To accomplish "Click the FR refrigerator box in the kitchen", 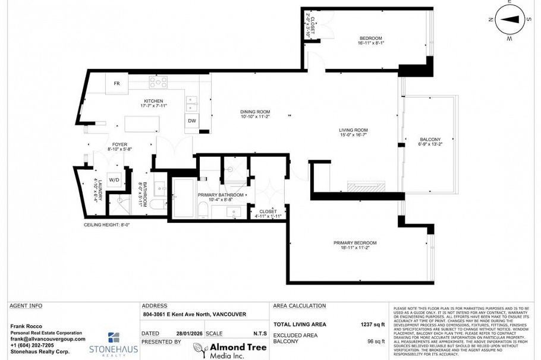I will [117, 83].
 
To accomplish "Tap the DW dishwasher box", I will [192, 121].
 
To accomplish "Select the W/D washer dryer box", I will [114, 179].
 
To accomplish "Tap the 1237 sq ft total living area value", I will [373, 324].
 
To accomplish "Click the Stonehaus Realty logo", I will [113, 343].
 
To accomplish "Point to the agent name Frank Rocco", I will [26, 326].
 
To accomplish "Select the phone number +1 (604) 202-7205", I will [32, 345].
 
